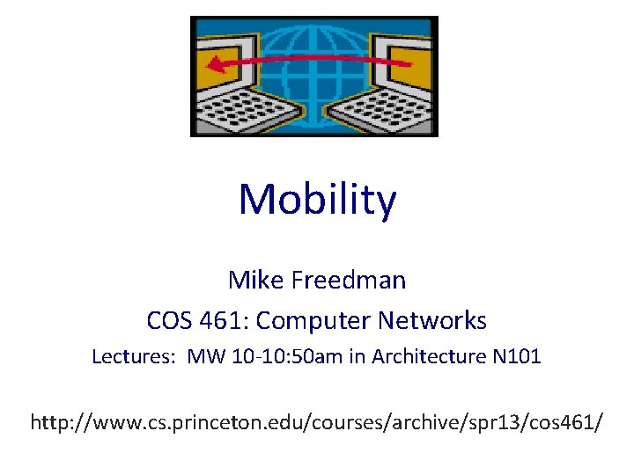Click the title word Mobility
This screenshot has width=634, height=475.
click(317, 201)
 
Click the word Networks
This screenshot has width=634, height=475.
click(433, 321)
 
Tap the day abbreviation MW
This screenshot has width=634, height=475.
click(204, 357)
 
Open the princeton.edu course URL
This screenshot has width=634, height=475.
click(317, 422)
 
